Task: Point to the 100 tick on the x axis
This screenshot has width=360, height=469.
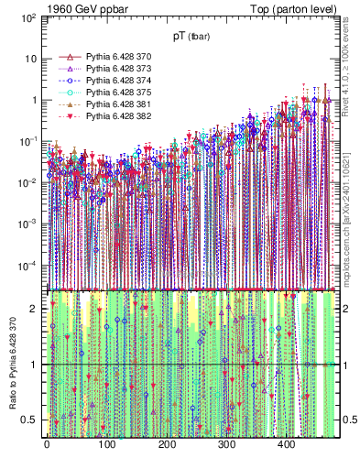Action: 106,444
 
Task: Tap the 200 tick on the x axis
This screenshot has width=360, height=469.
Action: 167,444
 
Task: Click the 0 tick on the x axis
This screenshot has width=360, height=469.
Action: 47,444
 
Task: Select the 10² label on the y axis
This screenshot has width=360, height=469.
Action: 27,17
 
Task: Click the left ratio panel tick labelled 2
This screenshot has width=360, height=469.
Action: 33,309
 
